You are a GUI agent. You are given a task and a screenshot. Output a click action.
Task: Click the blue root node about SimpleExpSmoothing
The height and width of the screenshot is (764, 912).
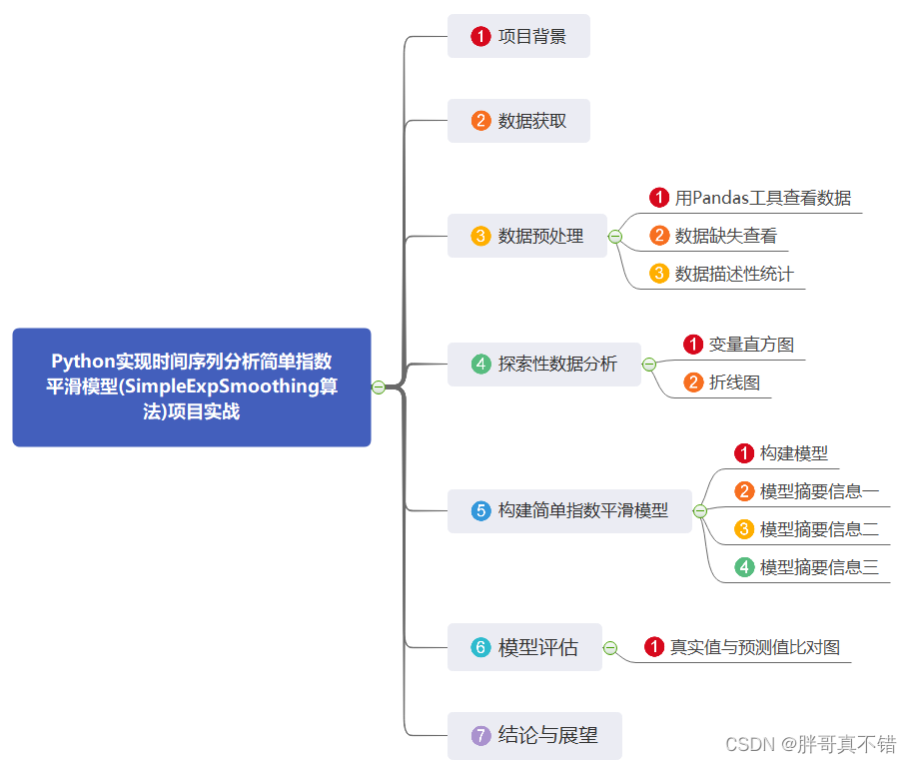192,386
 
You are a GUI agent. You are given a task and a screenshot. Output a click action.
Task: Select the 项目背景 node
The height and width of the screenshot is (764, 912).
518,37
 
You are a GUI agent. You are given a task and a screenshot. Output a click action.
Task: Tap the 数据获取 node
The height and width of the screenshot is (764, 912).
518,121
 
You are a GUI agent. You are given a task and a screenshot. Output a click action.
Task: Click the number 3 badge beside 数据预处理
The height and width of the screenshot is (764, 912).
481,237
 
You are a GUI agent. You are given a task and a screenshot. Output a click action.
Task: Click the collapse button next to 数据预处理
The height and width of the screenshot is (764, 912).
615,237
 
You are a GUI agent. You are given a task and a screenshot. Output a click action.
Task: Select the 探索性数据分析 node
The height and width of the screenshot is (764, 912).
544,365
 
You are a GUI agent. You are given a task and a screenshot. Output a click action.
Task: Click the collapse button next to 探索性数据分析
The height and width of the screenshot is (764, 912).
649,365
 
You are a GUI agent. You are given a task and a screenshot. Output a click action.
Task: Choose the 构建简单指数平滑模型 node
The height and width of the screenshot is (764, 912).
569,510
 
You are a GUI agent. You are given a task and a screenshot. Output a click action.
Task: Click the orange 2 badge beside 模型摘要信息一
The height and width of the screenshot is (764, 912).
744,491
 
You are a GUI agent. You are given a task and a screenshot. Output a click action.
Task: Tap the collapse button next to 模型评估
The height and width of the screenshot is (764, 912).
610,647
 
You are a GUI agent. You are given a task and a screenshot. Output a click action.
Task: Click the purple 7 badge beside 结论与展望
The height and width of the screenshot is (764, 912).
481,736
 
